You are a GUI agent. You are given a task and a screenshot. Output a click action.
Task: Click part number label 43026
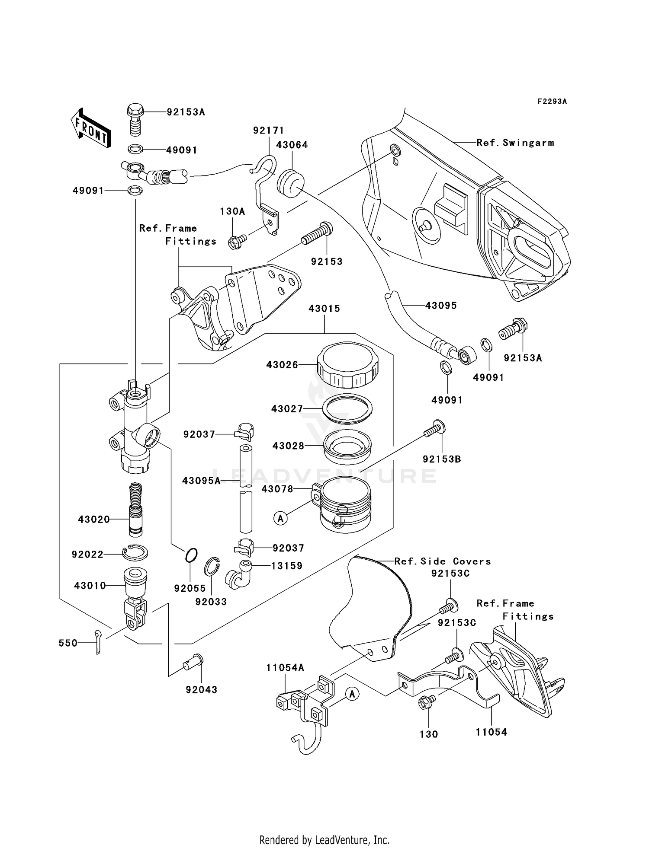click(x=282, y=365)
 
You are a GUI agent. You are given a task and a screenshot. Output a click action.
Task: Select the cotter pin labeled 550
click(x=98, y=642)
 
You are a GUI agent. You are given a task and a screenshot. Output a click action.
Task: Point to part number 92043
click(x=201, y=690)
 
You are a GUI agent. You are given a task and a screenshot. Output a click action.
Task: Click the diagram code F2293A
click(x=552, y=102)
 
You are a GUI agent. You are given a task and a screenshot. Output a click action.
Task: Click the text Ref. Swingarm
click(x=515, y=143)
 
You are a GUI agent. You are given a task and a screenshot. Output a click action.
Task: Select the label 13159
click(x=287, y=566)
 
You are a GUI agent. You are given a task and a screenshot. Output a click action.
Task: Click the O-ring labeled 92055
click(x=192, y=555)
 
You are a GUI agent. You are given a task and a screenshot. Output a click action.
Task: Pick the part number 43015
click(x=324, y=309)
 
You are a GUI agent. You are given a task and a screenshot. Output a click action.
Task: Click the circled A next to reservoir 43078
click(x=280, y=518)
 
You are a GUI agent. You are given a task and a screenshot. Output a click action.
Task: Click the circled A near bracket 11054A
click(x=352, y=694)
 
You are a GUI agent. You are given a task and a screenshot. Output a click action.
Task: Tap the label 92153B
click(x=441, y=459)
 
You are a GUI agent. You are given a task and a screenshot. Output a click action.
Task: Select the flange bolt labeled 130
click(x=424, y=704)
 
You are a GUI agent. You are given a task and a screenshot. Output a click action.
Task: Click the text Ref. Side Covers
click(x=442, y=561)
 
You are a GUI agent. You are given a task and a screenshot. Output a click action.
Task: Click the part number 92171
click(x=268, y=130)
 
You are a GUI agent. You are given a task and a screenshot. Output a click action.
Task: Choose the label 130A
click(x=232, y=211)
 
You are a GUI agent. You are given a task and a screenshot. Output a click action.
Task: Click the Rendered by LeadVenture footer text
click(x=324, y=840)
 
